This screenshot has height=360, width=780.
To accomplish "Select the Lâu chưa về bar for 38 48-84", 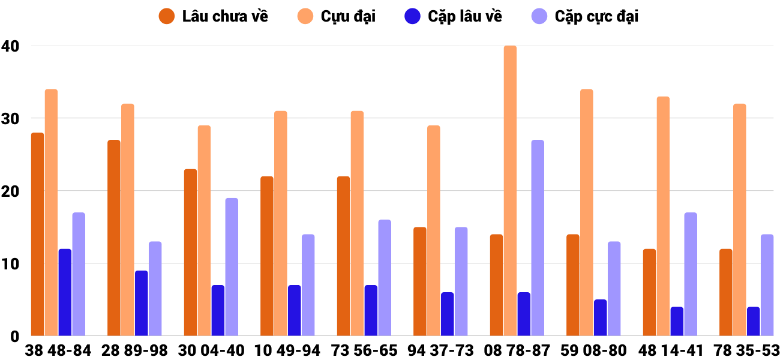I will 37,234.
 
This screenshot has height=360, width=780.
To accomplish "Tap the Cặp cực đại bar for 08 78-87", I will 538,238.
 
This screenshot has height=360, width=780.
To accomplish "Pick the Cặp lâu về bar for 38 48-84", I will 65,292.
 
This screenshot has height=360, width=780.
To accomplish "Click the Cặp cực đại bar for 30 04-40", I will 232,267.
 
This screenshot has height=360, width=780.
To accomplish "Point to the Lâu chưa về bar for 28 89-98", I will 114,238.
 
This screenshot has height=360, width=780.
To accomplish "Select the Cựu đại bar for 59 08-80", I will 586,212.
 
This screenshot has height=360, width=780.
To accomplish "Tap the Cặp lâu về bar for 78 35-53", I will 753,321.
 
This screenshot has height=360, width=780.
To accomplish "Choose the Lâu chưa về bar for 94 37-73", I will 420,281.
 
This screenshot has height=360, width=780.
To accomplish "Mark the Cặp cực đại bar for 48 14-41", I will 691,274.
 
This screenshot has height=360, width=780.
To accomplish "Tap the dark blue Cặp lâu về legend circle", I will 412,16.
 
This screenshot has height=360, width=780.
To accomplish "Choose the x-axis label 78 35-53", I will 746,350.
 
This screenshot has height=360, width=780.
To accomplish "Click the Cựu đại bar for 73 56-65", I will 357,223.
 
